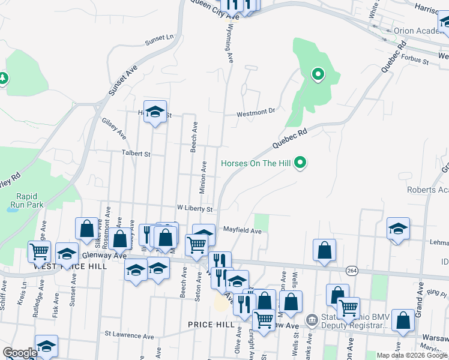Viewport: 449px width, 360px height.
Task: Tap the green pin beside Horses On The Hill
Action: (x=303, y=163)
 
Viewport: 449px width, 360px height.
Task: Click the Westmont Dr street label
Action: (x=255, y=111)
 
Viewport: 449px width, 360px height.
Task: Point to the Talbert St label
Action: (x=136, y=154)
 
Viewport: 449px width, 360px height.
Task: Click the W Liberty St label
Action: (x=195, y=209)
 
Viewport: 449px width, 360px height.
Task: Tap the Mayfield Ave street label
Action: (x=243, y=230)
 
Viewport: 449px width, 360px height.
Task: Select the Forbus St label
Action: (x=415, y=61)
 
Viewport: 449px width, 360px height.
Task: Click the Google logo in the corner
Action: (x=20, y=353)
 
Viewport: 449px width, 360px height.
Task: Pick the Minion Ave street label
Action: (x=203, y=177)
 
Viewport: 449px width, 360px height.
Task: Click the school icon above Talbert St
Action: (x=155, y=112)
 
